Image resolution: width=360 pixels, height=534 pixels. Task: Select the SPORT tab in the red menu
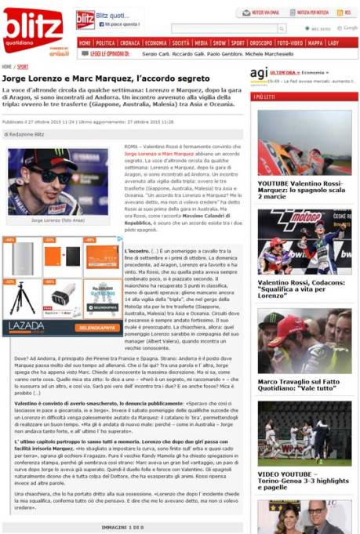[238, 43]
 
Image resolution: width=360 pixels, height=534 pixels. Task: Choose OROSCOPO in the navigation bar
[261, 43]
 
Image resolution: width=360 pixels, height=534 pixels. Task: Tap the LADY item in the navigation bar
[333, 43]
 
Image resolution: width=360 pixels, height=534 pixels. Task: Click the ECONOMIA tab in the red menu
[155, 43]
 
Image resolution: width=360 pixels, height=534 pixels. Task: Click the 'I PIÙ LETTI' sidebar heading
[264, 96]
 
